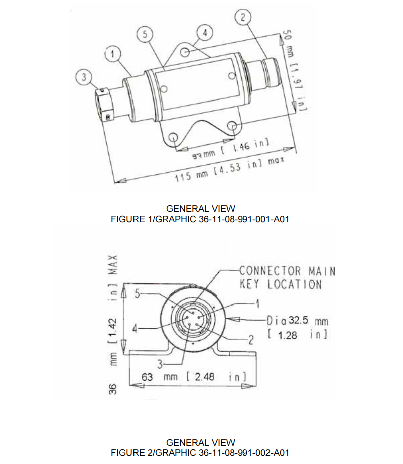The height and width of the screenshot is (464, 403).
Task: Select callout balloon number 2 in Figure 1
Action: click(x=243, y=18)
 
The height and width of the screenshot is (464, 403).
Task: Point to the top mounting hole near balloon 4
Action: click(x=186, y=52)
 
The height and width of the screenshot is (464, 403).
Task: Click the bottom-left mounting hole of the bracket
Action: click(x=174, y=136)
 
